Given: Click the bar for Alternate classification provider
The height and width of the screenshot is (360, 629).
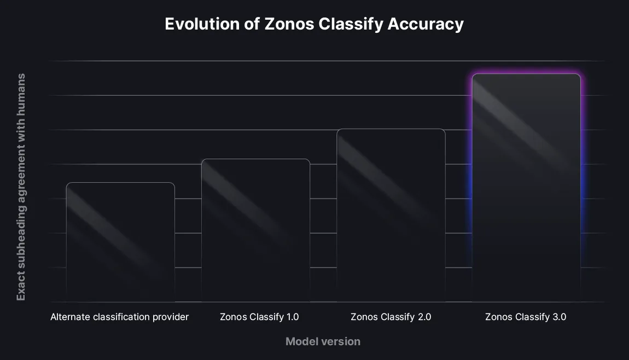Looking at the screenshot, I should pyautogui.click(x=120, y=242).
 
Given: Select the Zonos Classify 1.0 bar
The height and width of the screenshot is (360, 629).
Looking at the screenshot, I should pyautogui.click(x=255, y=230).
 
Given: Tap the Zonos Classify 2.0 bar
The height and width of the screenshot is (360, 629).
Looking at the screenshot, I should pyautogui.click(x=391, y=215).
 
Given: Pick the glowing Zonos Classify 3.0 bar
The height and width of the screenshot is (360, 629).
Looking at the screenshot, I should pyautogui.click(x=526, y=187).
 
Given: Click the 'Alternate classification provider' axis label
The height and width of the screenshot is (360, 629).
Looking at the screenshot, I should pyautogui.click(x=119, y=317).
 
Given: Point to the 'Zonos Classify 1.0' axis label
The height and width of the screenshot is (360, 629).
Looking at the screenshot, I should pyautogui.click(x=259, y=317).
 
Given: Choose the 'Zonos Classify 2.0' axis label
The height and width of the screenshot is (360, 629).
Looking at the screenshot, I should pyautogui.click(x=391, y=317).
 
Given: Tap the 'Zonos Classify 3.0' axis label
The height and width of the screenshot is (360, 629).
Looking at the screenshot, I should pyautogui.click(x=525, y=317).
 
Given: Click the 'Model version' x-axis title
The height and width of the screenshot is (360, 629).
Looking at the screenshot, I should pyautogui.click(x=323, y=341).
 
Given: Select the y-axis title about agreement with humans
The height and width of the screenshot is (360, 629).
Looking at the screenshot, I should pyautogui.click(x=21, y=187).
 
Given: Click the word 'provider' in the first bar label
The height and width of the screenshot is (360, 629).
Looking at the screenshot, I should pyautogui.click(x=171, y=317).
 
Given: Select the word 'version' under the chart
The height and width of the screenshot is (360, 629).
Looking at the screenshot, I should pyautogui.click(x=341, y=341).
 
